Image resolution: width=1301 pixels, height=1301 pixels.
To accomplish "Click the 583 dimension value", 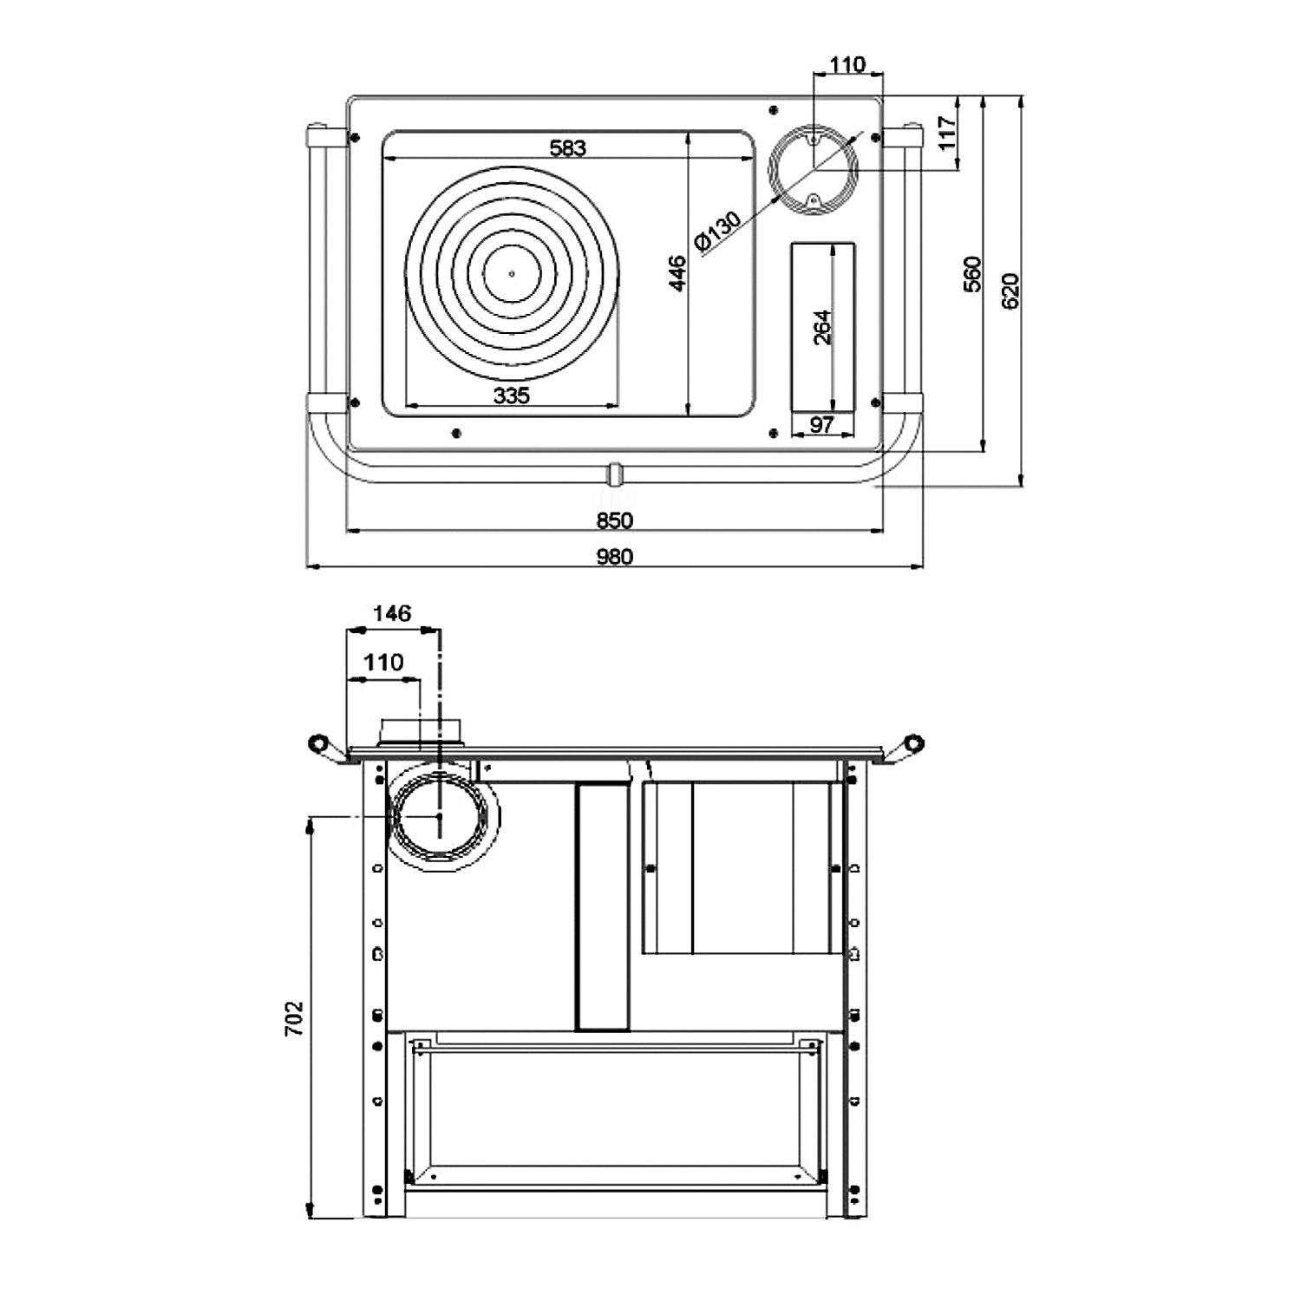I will [x=568, y=148].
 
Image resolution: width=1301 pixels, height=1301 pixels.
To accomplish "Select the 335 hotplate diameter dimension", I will [x=511, y=396].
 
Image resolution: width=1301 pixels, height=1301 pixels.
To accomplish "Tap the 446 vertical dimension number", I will [x=677, y=272].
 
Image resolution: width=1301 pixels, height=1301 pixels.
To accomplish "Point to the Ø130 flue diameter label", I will [x=718, y=231].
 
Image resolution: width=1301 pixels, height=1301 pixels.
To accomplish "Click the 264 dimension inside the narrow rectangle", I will [x=822, y=327].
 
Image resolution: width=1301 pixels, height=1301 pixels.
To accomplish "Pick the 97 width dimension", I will [x=821, y=425].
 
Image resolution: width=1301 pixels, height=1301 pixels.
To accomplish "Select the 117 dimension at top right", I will [x=947, y=133].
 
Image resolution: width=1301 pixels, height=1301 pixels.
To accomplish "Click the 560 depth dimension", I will [x=972, y=274].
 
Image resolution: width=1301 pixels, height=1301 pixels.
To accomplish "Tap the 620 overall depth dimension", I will [x=1010, y=291].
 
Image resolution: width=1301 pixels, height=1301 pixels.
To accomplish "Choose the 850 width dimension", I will [x=615, y=520].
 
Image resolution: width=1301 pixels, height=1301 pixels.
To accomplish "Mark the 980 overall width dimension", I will [x=615, y=557].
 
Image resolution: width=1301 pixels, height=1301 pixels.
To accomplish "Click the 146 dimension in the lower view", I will [x=391, y=614].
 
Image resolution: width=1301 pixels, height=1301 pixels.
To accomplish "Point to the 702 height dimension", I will [x=295, y=1018].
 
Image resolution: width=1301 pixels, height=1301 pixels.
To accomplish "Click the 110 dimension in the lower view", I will [x=383, y=663].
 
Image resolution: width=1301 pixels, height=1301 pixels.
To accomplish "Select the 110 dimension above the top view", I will [x=847, y=64].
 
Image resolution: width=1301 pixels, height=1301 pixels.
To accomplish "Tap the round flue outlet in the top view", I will [x=814, y=170].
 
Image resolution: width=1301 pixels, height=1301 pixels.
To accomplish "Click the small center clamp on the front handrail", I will [x=614, y=474].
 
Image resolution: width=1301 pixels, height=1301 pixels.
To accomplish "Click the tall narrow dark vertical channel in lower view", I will [x=603, y=906].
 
